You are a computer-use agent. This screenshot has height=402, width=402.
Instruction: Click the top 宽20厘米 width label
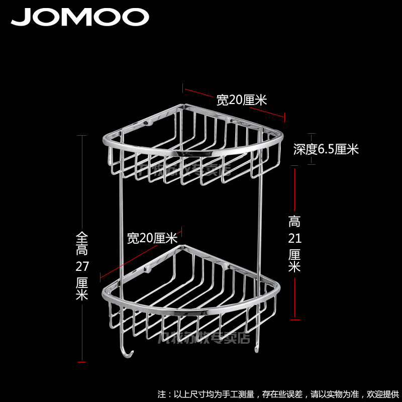coord(241,100)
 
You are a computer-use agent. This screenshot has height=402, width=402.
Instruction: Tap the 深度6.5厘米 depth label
coord(326,149)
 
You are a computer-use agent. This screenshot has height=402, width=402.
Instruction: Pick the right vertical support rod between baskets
coord(261,216)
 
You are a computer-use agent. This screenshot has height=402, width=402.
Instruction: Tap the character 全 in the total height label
coord(82,236)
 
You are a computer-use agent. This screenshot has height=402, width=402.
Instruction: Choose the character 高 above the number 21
coord(294,221)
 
